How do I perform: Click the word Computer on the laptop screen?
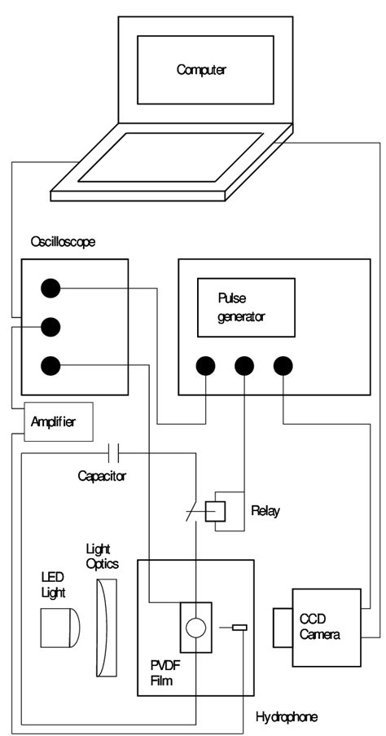pyautogui.click(x=201, y=70)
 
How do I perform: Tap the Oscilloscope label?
pyautogui.click(x=63, y=243)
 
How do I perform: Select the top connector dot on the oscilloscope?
pyautogui.click(x=50, y=288)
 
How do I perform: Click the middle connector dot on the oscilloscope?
pyautogui.click(x=50, y=327)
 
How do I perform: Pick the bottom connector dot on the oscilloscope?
pyautogui.click(x=50, y=366)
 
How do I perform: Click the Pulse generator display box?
pyautogui.click(x=246, y=306)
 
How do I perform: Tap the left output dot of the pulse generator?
pyautogui.click(x=204, y=366)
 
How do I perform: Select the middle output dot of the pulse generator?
pyautogui.click(x=243, y=366)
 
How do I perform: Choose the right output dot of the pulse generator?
pyautogui.click(x=283, y=366)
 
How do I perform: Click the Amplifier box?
pyautogui.click(x=59, y=421)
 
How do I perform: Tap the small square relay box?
pyautogui.click(x=215, y=510)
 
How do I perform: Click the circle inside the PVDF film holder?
pyautogui.click(x=195, y=627)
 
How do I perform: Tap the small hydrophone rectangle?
pyautogui.click(x=239, y=627)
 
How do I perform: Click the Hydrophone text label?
pyautogui.click(x=286, y=717)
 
